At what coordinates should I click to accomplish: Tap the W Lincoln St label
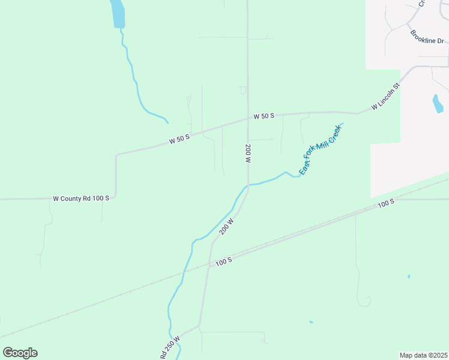click(x=385, y=97)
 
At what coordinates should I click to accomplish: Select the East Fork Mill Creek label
click(x=321, y=149)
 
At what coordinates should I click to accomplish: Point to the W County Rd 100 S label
click(x=81, y=198)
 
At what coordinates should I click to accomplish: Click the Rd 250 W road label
click(x=170, y=347)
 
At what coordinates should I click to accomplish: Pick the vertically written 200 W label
click(x=247, y=154)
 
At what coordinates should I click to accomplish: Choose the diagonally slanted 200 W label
click(x=226, y=226)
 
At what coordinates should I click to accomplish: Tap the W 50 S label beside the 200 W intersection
click(x=264, y=116)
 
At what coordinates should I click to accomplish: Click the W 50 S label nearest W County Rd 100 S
click(x=179, y=139)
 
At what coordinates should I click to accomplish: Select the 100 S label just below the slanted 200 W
click(x=223, y=261)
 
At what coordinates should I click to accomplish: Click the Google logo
click(x=20, y=353)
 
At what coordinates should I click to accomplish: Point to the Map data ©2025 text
click(x=424, y=355)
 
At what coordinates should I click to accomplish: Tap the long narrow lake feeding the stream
click(x=118, y=13)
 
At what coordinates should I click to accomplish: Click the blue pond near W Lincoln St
click(x=438, y=104)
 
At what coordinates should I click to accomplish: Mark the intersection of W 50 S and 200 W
click(x=247, y=118)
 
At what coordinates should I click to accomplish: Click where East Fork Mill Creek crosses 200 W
click(x=247, y=185)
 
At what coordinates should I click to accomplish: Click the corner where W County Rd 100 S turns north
click(x=115, y=197)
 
